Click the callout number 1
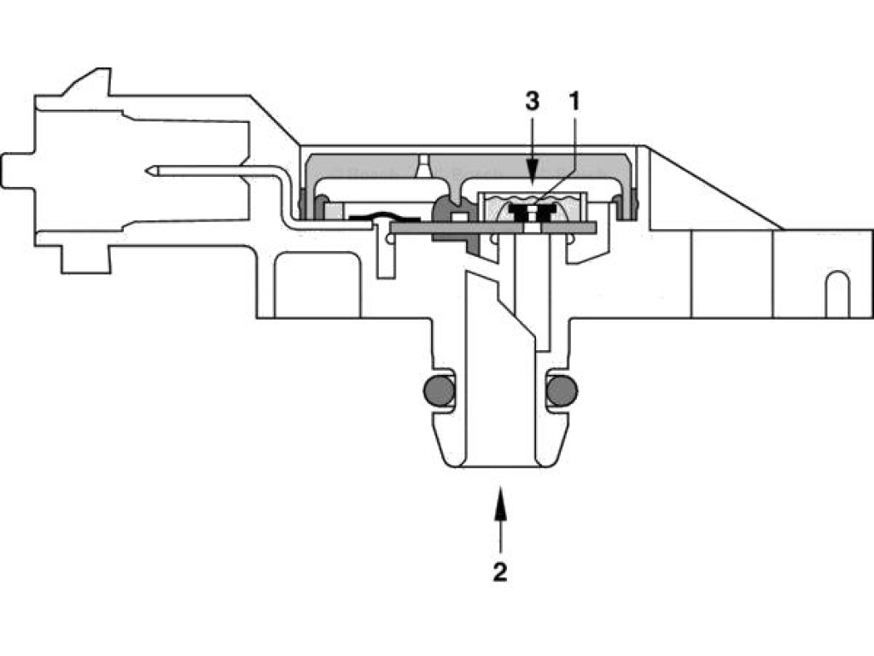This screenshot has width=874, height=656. click(574, 102)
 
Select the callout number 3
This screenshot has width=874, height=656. click(532, 102)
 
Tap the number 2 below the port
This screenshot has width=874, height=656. click(500, 571)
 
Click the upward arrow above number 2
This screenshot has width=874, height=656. click(500, 512)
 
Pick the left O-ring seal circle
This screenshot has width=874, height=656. click(439, 390)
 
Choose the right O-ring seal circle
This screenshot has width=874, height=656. click(561, 390)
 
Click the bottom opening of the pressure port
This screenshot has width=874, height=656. click(500, 466)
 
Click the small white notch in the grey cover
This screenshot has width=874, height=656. click(422, 167)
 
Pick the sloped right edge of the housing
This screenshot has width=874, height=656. click(717, 188)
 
